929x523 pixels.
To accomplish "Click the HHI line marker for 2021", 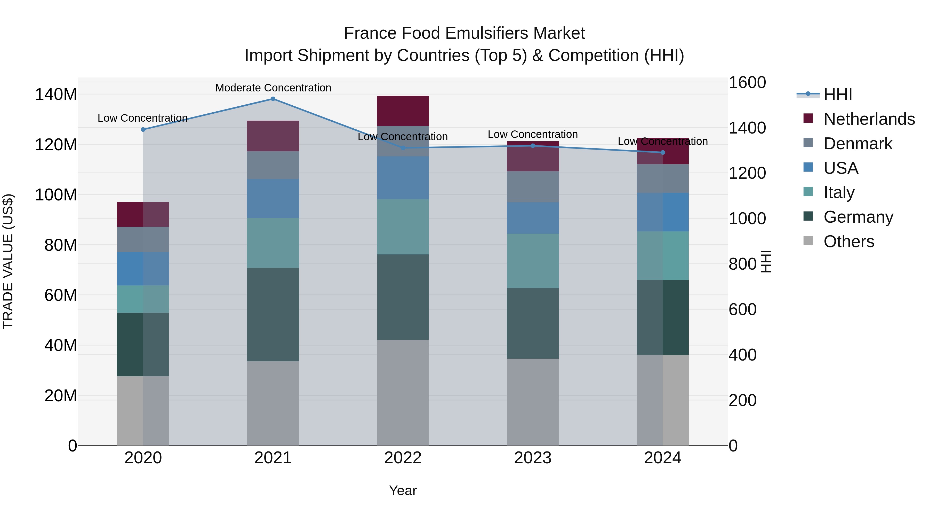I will pyautogui.click(x=273, y=99).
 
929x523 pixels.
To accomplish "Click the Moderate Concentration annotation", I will pyautogui.click(x=273, y=88).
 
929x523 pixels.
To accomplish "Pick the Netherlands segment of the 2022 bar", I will pyautogui.click(x=403, y=111).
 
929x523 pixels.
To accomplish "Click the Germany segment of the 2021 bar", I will pyautogui.click(x=273, y=314).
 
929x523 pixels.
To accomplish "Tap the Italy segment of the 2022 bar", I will pyautogui.click(x=403, y=227).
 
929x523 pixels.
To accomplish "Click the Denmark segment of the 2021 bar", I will pyautogui.click(x=273, y=165).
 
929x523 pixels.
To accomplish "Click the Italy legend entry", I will pyautogui.click(x=839, y=192).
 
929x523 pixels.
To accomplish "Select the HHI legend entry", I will pyautogui.click(x=838, y=95).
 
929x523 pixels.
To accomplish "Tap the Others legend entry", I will pyautogui.click(x=848, y=241).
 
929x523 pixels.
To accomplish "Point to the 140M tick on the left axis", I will pyautogui.click(x=56, y=95).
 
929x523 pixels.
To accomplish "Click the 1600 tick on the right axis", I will pyautogui.click(x=747, y=83).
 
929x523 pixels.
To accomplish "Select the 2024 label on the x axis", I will pyautogui.click(x=662, y=458).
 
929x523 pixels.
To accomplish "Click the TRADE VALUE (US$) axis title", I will pyautogui.click(x=8, y=261).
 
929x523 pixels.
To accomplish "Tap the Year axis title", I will pyautogui.click(x=403, y=490).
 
